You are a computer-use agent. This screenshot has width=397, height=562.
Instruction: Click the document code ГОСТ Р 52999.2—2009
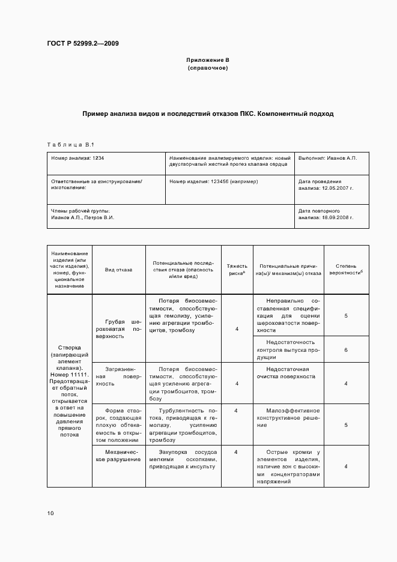tap(86, 43)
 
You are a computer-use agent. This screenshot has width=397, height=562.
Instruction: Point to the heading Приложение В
tap(207, 60)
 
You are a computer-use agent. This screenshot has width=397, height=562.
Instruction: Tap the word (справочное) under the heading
tap(207, 68)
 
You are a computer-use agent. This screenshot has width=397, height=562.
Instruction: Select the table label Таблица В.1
tap(71, 144)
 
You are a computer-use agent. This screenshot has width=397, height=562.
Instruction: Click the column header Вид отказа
tap(118, 270)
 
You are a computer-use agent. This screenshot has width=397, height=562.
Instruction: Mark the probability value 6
tap(346, 349)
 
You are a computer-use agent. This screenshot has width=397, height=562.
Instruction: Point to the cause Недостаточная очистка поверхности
tap(286, 373)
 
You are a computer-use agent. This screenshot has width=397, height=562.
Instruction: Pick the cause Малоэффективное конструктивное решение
tap(286, 418)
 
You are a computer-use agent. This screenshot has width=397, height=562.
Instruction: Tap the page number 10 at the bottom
tap(50, 513)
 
